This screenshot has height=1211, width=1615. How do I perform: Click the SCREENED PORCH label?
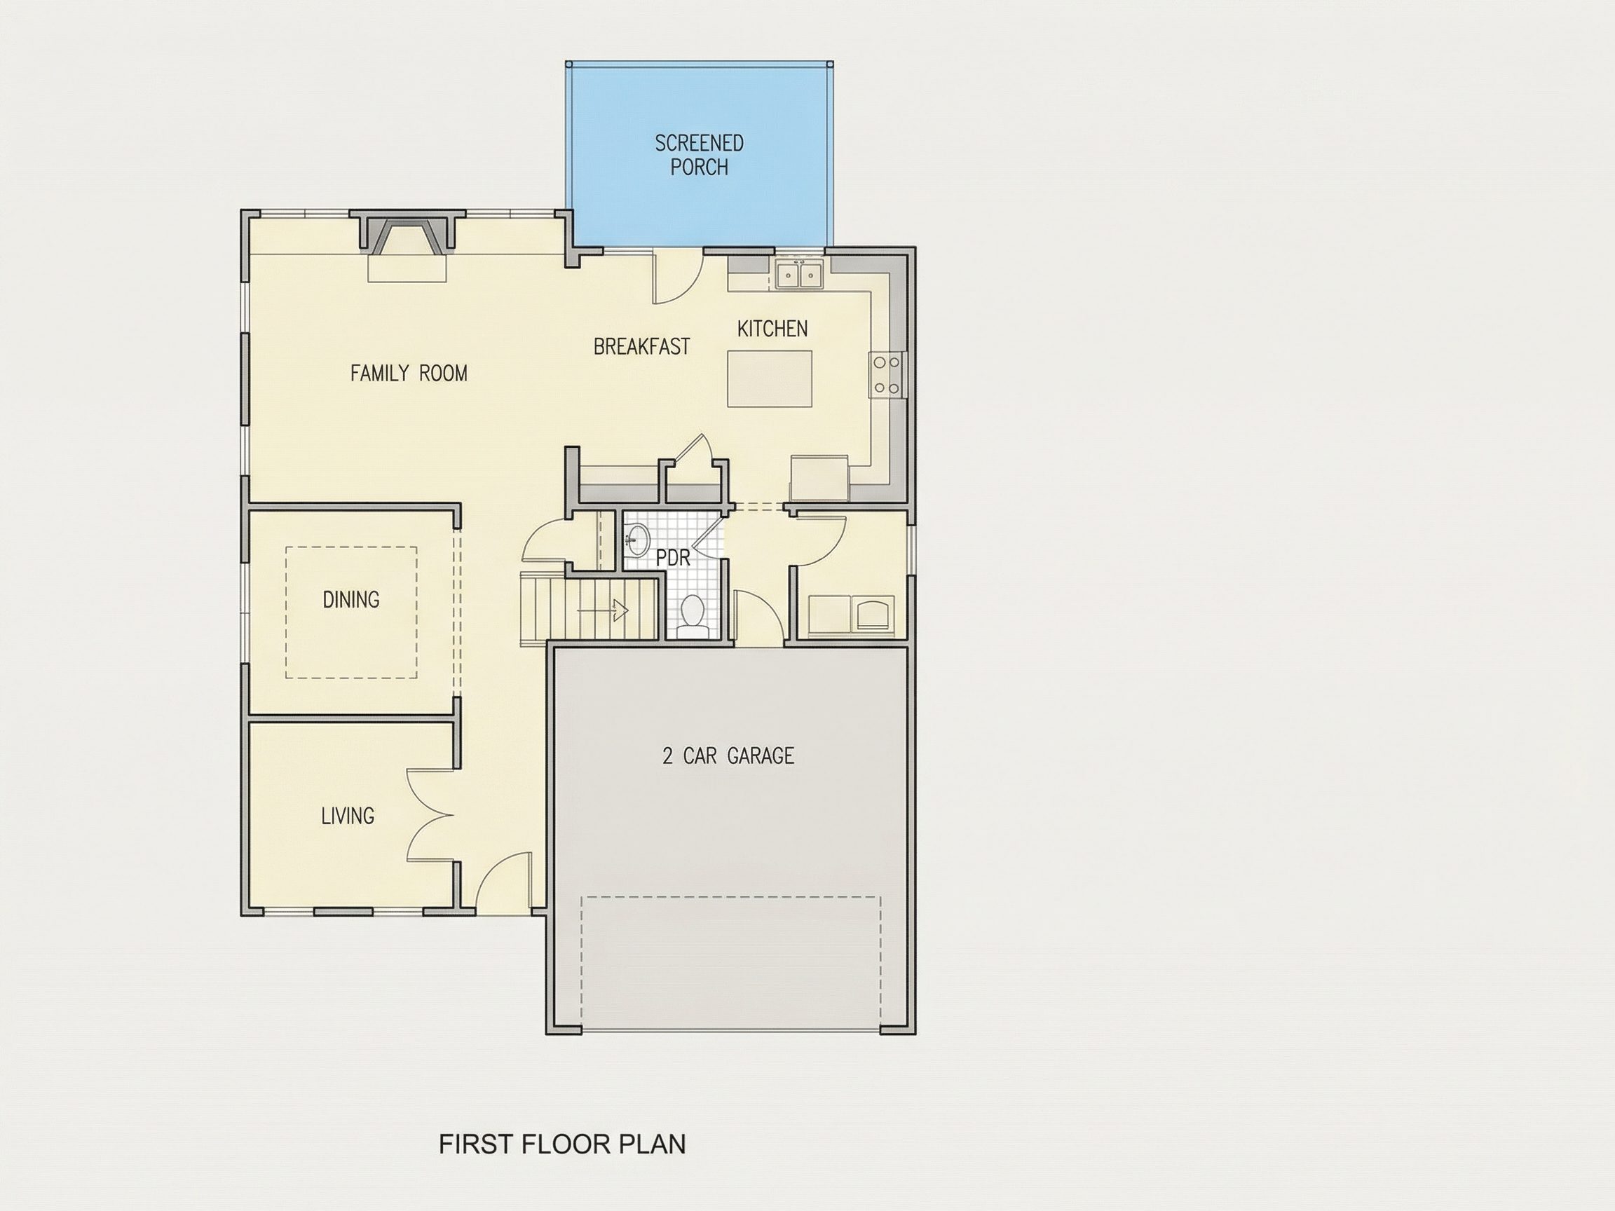[x=699, y=155]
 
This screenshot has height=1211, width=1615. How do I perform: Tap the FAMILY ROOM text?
[x=409, y=373]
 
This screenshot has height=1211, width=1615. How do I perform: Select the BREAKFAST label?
[x=642, y=347]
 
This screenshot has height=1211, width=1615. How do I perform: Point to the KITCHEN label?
[x=772, y=329]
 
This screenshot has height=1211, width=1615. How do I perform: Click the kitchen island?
[x=770, y=378]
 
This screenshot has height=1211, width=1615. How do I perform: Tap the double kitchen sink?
[x=799, y=275]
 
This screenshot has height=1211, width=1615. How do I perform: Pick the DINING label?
[x=351, y=599]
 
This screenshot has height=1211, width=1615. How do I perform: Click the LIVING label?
[x=348, y=815]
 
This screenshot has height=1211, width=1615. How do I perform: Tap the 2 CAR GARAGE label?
[x=728, y=755]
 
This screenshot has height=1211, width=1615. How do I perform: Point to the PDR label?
[x=672, y=558]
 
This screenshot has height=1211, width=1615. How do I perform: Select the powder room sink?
[x=638, y=540]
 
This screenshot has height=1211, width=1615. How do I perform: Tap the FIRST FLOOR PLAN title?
[x=562, y=1144]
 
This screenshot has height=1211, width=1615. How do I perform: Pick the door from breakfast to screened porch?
[x=677, y=278]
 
